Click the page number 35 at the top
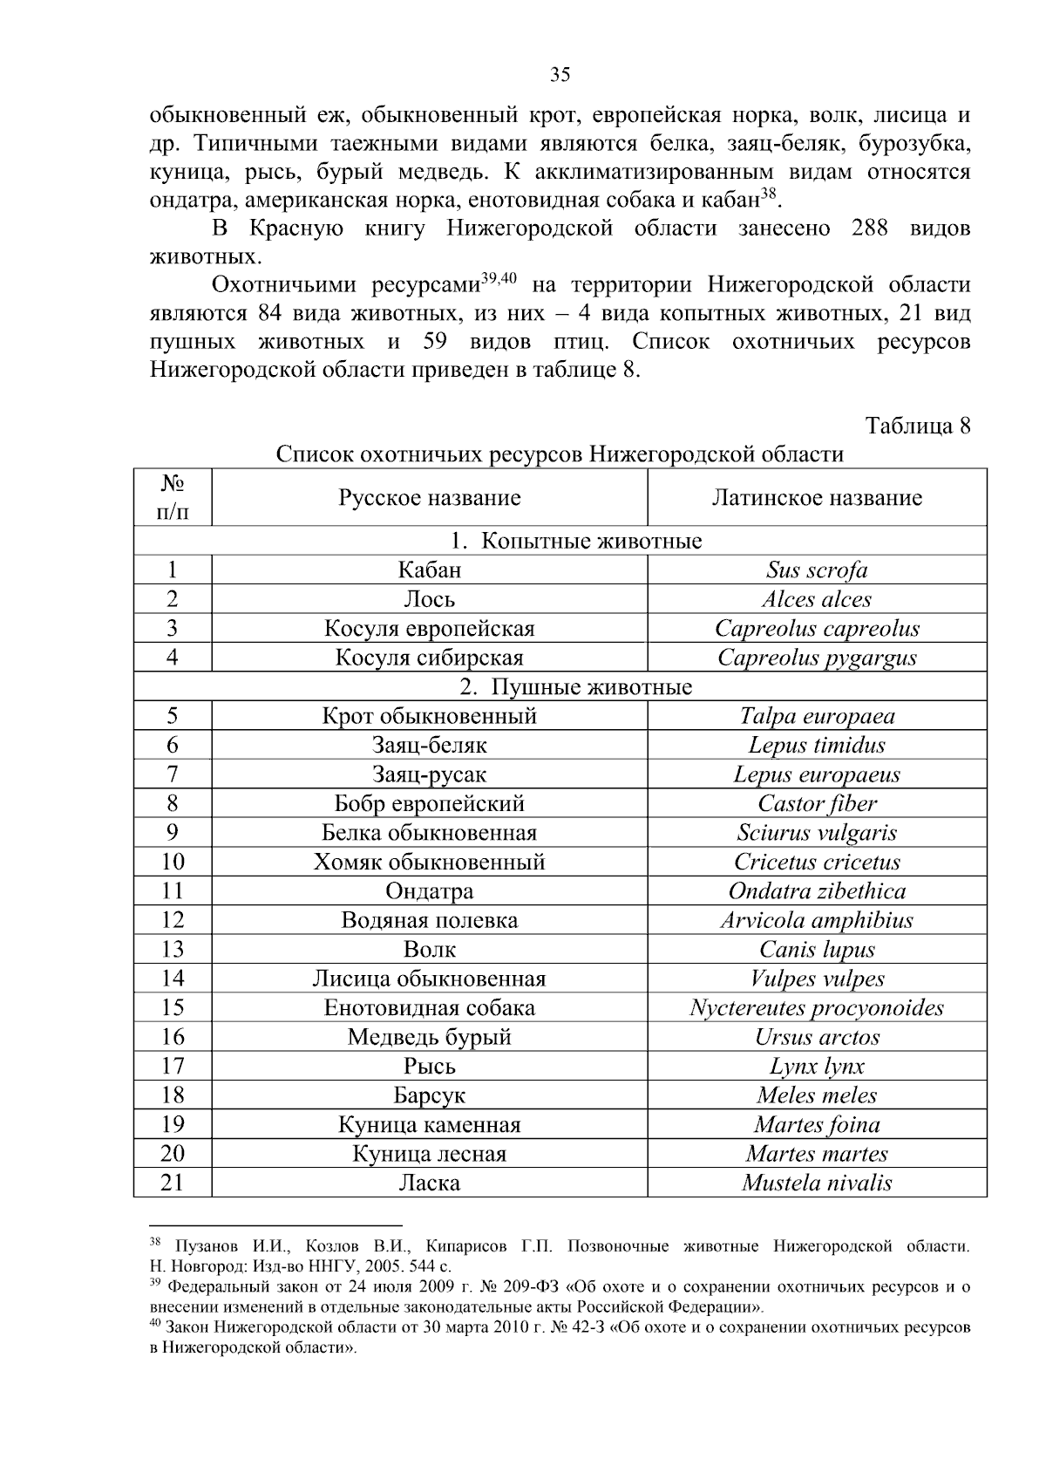[x=560, y=75]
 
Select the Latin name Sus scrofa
[x=817, y=570]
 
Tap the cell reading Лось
[x=429, y=600]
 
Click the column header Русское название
[x=429, y=498]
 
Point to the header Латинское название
[x=817, y=498]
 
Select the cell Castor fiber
[x=817, y=804]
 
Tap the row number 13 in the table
[x=173, y=950]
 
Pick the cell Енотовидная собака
[x=429, y=1008]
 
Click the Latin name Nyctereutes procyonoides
[x=817, y=1008]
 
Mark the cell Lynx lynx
[x=817, y=1067]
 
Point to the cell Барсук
[x=429, y=1095]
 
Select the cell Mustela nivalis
[x=817, y=1183]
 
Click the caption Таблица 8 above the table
[x=917, y=426]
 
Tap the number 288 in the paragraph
[x=866, y=229]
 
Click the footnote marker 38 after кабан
[x=768, y=194]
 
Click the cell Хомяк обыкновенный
[x=429, y=863]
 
